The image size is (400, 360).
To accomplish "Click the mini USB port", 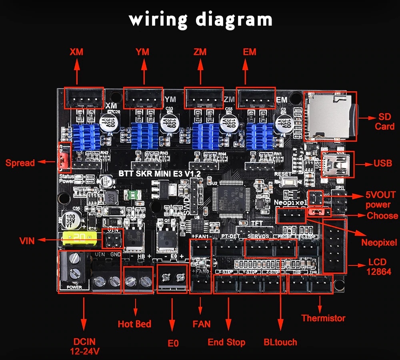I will tap(338, 164).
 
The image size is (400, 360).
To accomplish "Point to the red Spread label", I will tap(20, 163).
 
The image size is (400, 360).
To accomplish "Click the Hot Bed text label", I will tap(134, 324).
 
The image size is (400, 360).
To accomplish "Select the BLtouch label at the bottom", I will tap(280, 342).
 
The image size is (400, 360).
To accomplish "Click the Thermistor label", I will tap(323, 318).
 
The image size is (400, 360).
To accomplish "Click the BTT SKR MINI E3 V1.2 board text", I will tap(160, 173).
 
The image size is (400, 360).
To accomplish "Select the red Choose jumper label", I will tap(382, 215).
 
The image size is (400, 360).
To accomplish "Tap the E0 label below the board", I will tap(173, 343).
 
